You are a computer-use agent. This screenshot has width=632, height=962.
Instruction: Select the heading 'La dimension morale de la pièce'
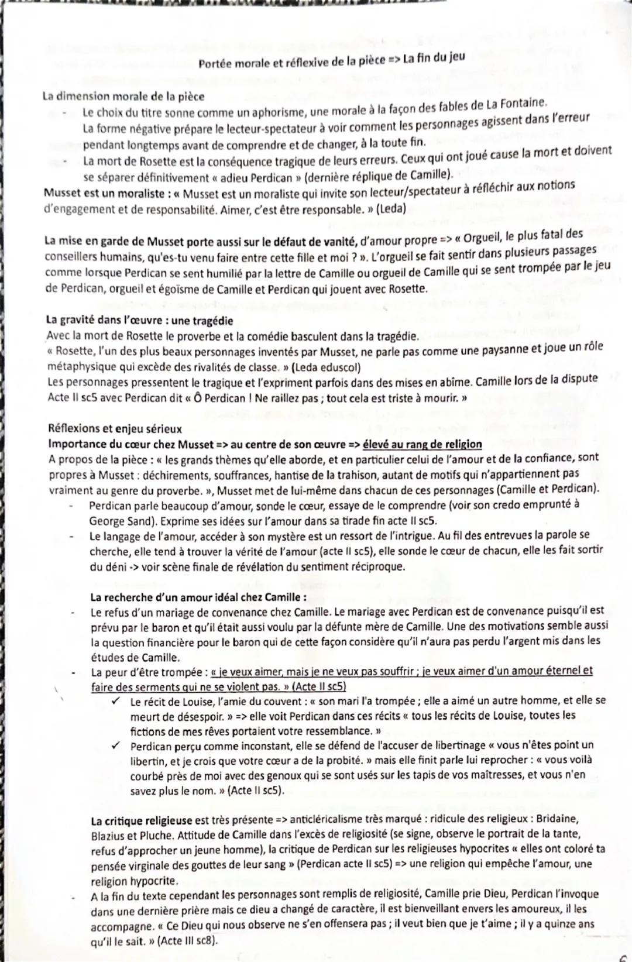pos(123,96)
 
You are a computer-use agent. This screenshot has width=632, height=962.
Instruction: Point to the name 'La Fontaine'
pos(517,104)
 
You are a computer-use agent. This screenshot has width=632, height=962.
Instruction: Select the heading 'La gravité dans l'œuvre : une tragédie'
pos(139,321)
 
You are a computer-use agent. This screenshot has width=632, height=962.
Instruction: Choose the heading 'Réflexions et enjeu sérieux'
pos(115,429)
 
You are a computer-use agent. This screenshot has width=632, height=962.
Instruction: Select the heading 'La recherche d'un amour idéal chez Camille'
pos(198,597)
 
